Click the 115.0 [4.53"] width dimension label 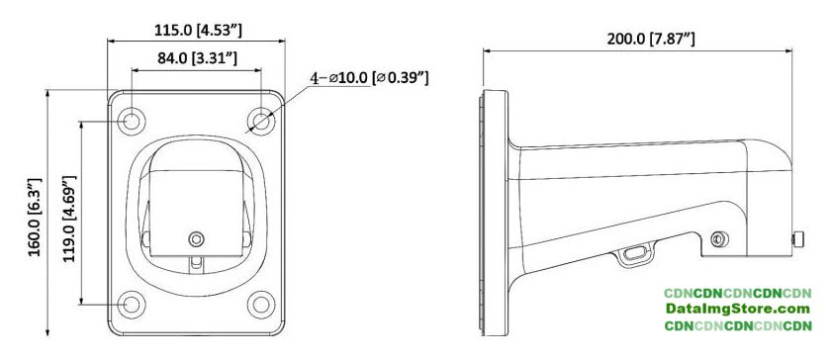click(x=198, y=31)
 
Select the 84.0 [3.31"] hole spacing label click(x=197, y=58)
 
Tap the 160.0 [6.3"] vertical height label click(x=35, y=218)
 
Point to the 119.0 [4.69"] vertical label click(x=69, y=219)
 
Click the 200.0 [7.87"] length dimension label click(x=651, y=39)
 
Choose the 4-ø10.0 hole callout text click(x=369, y=78)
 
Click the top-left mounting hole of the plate click(x=131, y=122)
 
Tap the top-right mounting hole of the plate click(x=261, y=122)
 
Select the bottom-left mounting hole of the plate click(x=131, y=305)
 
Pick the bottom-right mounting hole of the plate click(x=261, y=305)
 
